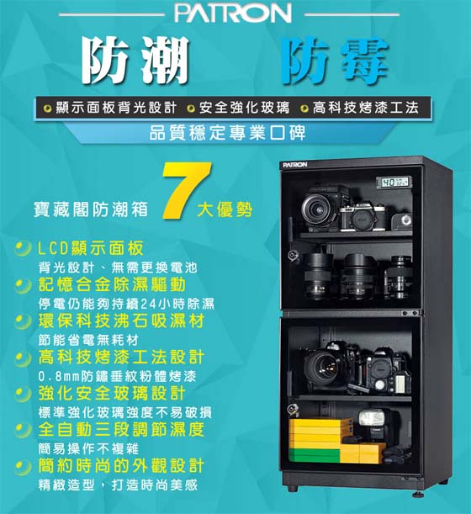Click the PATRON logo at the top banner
(233, 13)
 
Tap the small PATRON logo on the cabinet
(295, 165)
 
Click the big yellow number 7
(187, 191)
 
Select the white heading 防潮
(135, 60)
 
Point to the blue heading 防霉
(334, 61)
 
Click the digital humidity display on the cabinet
(394, 183)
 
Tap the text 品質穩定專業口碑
(227, 133)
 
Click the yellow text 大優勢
(225, 209)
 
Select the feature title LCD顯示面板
(91, 248)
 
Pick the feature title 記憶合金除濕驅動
(112, 284)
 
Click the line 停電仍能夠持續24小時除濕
(126, 304)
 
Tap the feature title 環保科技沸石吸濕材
(121, 321)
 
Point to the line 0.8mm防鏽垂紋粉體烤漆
(117, 376)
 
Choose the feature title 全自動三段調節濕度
(121, 429)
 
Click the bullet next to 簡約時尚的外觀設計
(23, 466)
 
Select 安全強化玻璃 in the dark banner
(244, 108)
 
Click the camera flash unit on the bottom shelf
(373, 424)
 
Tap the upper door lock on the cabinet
(293, 255)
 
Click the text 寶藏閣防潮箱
(91, 209)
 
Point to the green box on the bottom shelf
(315, 455)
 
